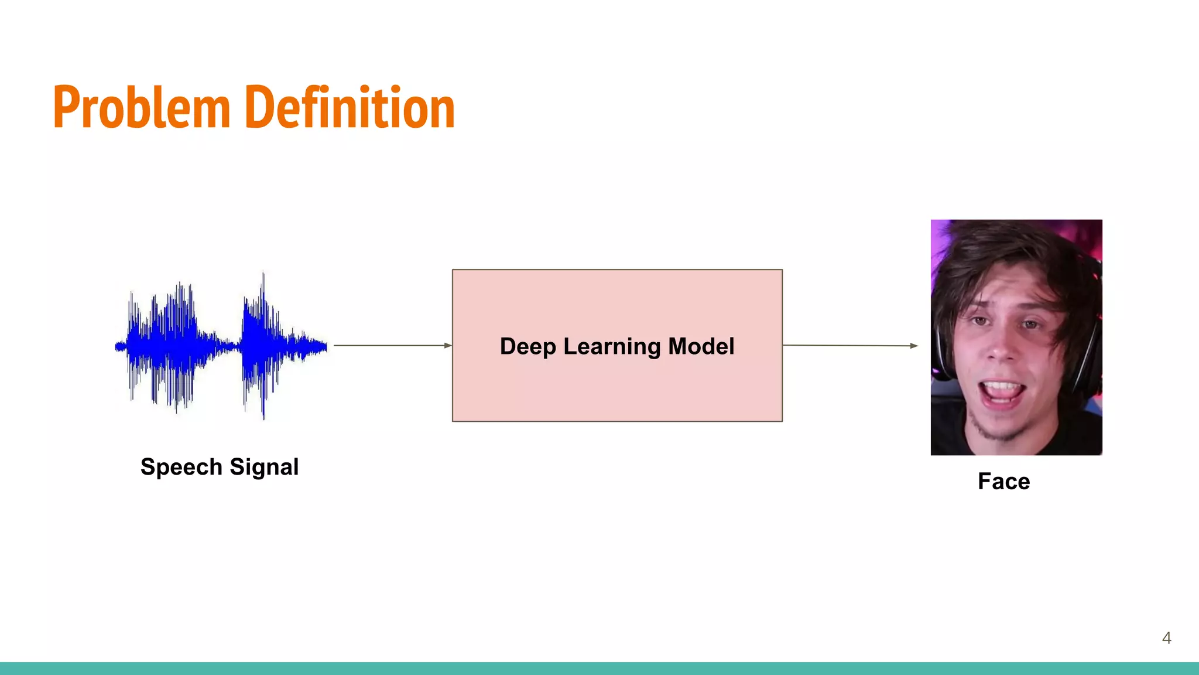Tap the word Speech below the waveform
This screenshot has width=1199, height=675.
pos(181,468)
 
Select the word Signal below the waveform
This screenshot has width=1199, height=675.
pos(264,468)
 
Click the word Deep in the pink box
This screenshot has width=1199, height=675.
pos(527,346)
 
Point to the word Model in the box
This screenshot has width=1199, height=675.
pos(701,346)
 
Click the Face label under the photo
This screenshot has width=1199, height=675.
pos(1003,482)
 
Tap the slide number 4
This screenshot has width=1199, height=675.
pos(1166,638)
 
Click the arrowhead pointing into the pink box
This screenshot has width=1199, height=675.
pos(448,346)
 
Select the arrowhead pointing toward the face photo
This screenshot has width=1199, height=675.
pos(914,346)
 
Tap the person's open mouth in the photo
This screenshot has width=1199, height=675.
pos(1002,393)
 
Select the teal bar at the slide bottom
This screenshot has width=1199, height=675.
pos(599,669)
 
